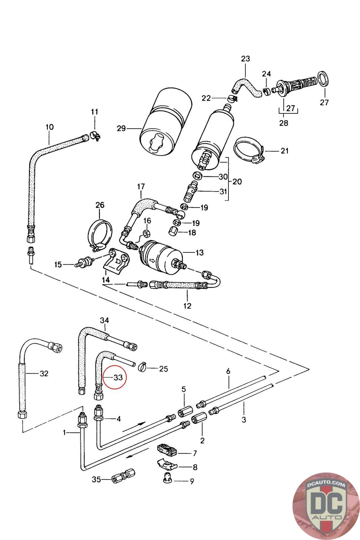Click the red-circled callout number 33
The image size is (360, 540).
118,377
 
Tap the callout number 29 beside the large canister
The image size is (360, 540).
121,128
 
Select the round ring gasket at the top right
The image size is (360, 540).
323,79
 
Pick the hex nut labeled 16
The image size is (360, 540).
146,233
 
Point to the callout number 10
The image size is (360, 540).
50,127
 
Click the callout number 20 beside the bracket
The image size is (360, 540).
237,181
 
